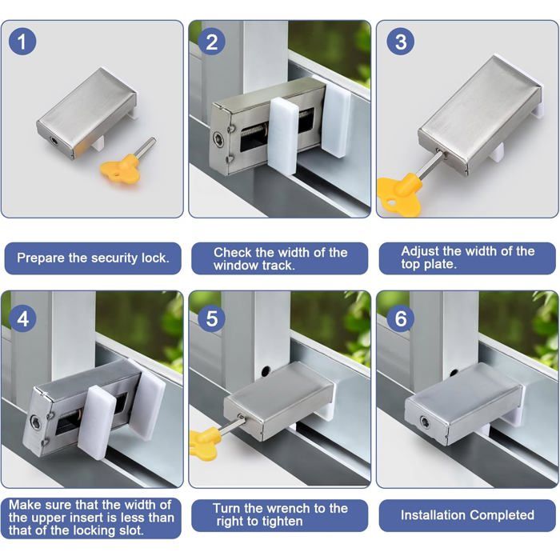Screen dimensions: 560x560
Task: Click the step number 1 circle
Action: (22, 41)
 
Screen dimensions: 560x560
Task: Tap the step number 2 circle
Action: (211, 41)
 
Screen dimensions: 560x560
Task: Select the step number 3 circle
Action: (401, 41)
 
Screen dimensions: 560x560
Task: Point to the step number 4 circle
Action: (22, 318)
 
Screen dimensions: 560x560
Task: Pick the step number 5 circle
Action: (211, 318)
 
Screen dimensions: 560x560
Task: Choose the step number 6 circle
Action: (401, 318)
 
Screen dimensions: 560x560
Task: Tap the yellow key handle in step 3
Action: (399, 194)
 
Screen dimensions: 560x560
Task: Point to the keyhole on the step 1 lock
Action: (54, 141)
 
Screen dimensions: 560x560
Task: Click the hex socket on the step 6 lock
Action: (424, 421)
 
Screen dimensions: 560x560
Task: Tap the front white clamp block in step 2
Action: (282, 135)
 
